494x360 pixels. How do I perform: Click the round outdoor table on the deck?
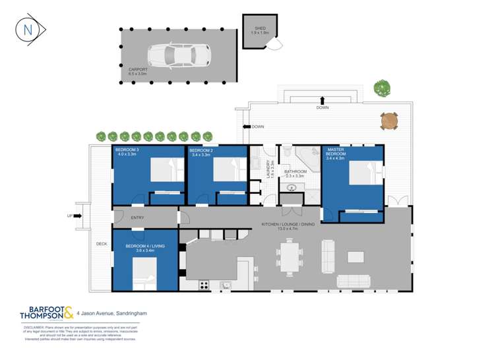point(389,121)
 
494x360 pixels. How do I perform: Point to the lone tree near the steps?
point(381,87)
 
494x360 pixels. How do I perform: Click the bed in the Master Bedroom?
point(361,175)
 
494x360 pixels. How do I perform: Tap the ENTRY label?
point(137,218)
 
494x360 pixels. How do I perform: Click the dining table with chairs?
point(291,255)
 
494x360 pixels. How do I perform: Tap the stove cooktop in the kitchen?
point(204,285)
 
